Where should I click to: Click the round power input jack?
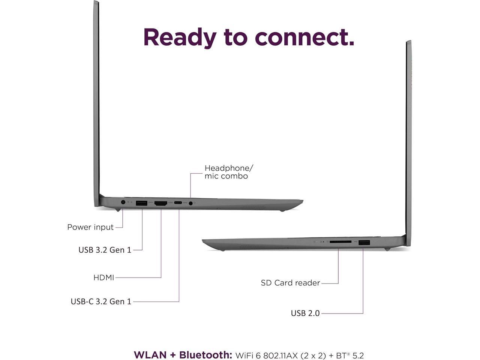123,202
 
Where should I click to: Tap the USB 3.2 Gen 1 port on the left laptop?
141,203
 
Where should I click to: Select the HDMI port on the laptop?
161,203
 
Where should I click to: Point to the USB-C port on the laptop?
178,203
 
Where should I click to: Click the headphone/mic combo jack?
191,203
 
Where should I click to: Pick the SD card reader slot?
340,242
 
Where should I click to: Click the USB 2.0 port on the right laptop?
364,243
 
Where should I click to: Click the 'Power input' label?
90,227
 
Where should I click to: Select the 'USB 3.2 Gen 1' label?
105,250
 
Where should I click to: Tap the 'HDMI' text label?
104,278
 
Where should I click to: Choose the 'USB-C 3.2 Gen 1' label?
101,301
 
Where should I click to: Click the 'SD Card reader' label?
291,283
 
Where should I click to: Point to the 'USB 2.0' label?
305,313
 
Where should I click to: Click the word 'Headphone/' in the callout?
229,168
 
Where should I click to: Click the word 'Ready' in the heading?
180,37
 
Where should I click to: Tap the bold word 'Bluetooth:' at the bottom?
206,355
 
